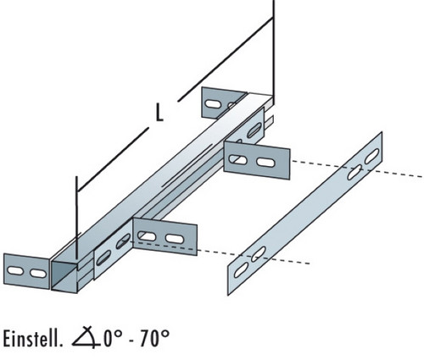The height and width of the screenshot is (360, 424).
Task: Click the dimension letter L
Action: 159,113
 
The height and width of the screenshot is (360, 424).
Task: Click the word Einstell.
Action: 32,338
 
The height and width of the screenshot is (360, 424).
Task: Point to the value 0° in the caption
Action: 113,338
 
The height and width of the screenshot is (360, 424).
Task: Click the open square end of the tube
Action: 64,276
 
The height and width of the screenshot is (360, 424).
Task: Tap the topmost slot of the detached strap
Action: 372,156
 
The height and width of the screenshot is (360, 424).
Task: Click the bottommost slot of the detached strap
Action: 241,270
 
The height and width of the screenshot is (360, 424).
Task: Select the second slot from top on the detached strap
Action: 354,173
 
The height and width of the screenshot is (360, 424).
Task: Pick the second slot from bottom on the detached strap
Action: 259,254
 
